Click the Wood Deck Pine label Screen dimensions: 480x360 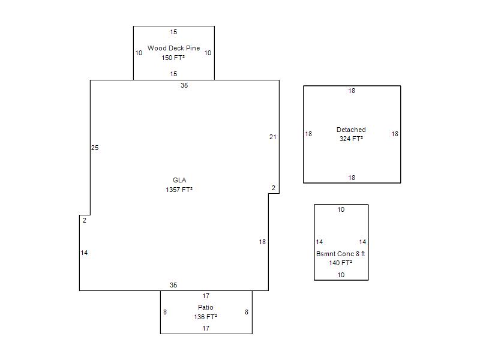pos(173,48)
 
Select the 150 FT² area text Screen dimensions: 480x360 pos(173,58)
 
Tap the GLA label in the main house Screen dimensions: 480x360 pos(179,180)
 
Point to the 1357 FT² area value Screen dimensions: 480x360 pos(179,190)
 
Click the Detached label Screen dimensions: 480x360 pos(351,130)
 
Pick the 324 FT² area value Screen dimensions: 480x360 pos(351,139)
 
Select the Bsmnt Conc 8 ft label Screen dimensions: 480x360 pos(340,254)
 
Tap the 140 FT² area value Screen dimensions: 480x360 pos(340,263)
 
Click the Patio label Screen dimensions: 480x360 pos(206,307)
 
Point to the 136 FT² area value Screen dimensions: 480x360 pos(205,317)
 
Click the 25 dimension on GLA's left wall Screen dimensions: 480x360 pos(95,148)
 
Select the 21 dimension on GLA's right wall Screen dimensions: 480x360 pos(273,137)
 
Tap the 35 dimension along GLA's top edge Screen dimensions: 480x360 pos(184,85)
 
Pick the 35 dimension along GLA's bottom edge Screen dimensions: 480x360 pos(173,285)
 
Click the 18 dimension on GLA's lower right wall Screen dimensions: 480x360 pos(262,242)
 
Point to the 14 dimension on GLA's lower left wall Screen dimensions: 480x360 pos(84,253)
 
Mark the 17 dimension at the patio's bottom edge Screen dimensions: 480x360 pos(206,328)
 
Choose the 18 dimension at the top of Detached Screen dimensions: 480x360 pos(352,91)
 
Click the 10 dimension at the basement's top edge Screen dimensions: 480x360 pos(341,209)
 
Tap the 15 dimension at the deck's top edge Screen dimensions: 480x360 pos(173,32)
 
